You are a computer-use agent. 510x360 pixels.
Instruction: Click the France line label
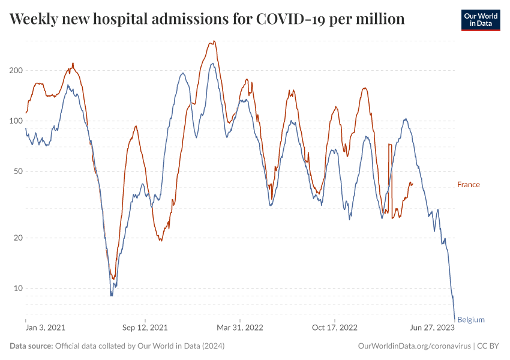(468, 184)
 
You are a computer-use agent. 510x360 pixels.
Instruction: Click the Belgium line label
(470, 320)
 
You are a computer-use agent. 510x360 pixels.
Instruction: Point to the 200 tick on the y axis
(16, 70)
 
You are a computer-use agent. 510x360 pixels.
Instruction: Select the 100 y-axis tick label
(16, 121)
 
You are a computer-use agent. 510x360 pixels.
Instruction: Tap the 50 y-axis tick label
(17, 171)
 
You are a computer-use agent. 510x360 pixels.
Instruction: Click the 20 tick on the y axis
(17, 238)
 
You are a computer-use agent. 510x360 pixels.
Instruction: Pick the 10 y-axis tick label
(17, 288)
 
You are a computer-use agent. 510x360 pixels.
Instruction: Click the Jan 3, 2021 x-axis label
(46, 328)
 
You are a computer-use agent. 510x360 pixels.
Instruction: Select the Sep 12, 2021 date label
(145, 328)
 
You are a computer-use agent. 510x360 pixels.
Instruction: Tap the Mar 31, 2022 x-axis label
(240, 328)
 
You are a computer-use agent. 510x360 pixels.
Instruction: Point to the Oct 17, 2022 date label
(335, 328)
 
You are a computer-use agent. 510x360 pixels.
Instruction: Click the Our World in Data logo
(481, 20)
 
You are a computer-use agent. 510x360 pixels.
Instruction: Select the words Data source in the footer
(31, 346)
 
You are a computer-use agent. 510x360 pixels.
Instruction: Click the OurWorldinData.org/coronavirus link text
(413, 346)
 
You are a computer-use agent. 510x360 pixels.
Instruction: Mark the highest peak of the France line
(214, 41)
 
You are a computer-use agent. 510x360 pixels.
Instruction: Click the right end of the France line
(412, 184)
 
